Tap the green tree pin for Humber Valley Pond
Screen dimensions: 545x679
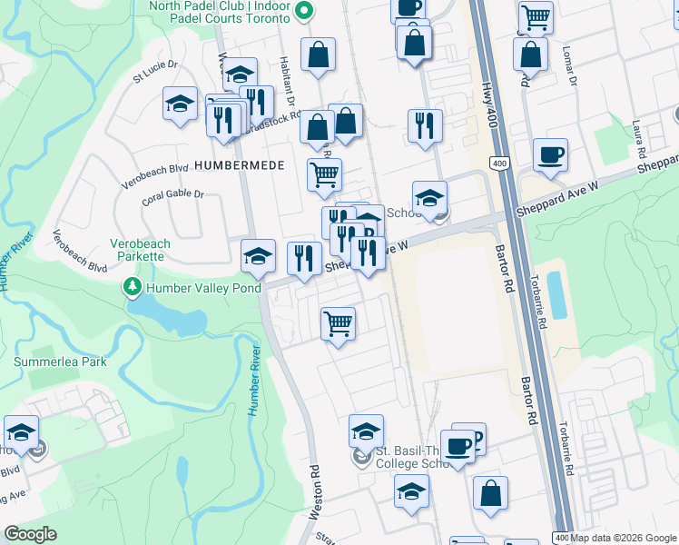pyautogui.click(x=133, y=288)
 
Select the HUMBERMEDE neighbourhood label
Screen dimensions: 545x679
pyautogui.click(x=238, y=165)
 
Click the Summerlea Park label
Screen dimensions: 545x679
pyautogui.click(x=60, y=362)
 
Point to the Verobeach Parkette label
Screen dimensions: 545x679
pyautogui.click(x=140, y=250)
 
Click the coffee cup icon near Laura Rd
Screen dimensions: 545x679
pyautogui.click(x=550, y=154)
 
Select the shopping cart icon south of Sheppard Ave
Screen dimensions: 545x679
pyautogui.click(x=339, y=323)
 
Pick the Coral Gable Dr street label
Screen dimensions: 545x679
pyautogui.click(x=173, y=194)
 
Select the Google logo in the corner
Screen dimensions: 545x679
pyautogui.click(x=30, y=534)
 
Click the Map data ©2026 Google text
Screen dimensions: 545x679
pyautogui.click(x=623, y=538)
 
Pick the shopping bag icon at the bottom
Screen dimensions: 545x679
pyautogui.click(x=490, y=494)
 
